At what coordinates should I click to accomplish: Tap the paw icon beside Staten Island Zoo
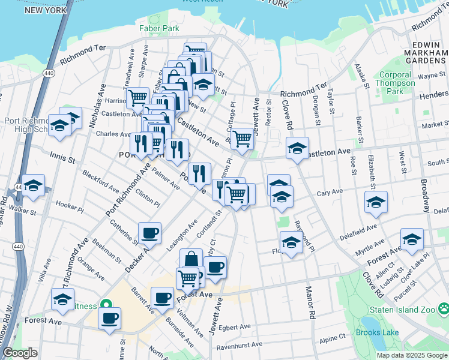coord(443,309)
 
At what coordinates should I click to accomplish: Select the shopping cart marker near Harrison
coord(138,97)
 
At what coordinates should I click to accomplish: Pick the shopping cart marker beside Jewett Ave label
coord(242,138)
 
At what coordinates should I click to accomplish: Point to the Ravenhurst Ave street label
coord(240,344)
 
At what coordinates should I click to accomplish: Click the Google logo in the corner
coord(20,353)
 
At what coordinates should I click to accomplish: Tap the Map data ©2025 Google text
coord(411,355)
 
